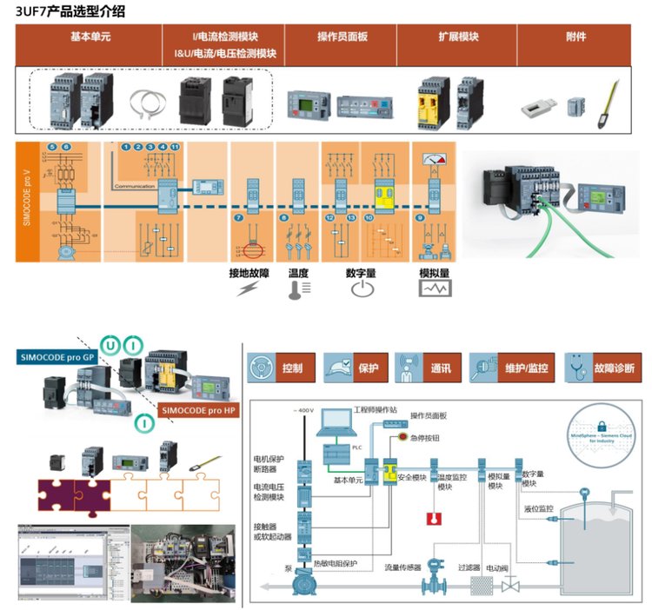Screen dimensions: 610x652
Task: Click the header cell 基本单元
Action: click(x=89, y=37)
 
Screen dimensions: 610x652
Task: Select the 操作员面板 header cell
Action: click(x=342, y=37)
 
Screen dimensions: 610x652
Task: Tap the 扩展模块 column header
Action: click(x=457, y=37)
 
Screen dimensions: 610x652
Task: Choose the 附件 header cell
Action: click(x=575, y=37)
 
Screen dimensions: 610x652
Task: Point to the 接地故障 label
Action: click(x=250, y=273)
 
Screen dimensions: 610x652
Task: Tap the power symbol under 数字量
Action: click(x=361, y=290)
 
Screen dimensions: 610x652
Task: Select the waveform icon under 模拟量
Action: click(x=434, y=290)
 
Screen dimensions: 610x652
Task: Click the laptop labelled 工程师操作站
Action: click(x=335, y=424)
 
